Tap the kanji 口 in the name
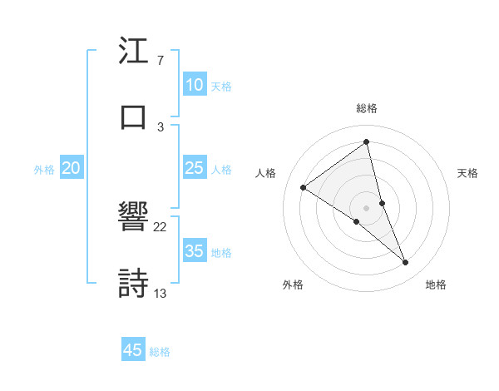click(133, 116)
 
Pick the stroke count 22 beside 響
click(161, 227)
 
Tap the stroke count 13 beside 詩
click(161, 292)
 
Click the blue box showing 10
click(195, 85)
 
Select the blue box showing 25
click(195, 169)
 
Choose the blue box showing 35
click(195, 251)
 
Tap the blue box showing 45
click(133, 350)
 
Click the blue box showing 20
click(71, 169)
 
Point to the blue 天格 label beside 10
click(221, 87)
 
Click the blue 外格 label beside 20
click(44, 170)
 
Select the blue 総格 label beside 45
click(160, 352)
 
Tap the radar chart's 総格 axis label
click(367, 108)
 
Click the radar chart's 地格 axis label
click(436, 285)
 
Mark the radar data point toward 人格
click(304, 187)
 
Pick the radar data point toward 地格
click(406, 263)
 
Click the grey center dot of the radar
click(367, 207)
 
